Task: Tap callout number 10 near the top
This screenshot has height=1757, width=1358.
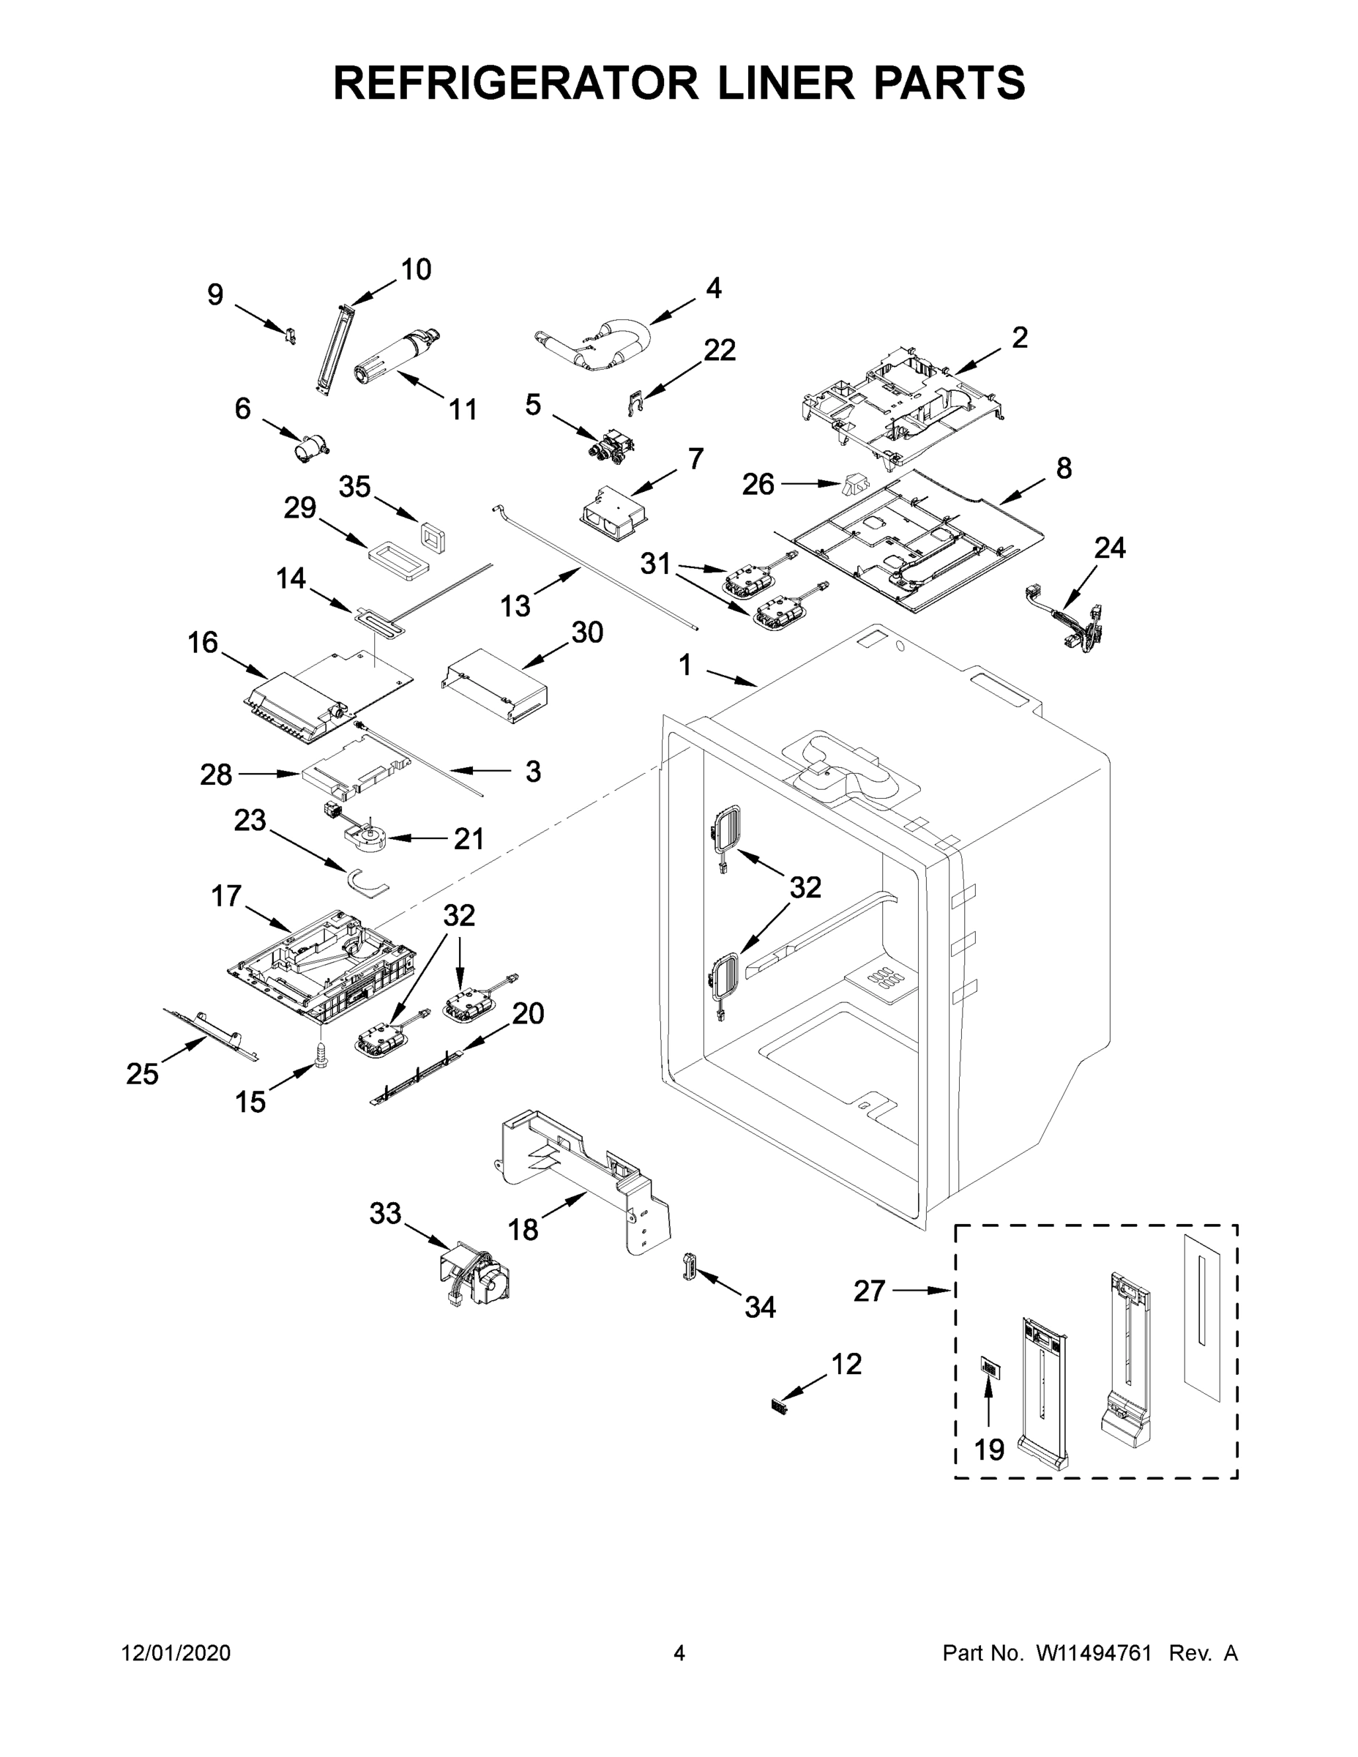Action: click(x=415, y=269)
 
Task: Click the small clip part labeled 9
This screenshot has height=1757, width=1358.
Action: click(x=290, y=334)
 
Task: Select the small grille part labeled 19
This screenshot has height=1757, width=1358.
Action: click(x=990, y=1366)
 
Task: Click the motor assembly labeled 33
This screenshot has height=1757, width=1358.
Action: click(x=477, y=1278)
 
